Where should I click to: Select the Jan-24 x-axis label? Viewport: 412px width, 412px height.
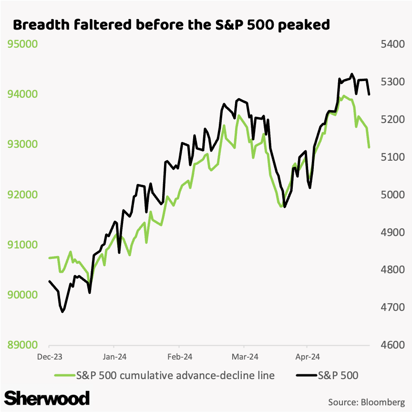point(113,357)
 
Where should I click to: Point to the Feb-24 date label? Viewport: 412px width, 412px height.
point(179,357)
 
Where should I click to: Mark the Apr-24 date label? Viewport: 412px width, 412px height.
point(307,357)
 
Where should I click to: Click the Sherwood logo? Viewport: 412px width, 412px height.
point(47,397)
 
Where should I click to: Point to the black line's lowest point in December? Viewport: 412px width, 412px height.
point(62,312)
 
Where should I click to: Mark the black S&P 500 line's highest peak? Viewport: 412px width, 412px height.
point(352,74)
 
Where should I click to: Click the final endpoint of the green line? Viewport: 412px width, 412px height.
point(369,147)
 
